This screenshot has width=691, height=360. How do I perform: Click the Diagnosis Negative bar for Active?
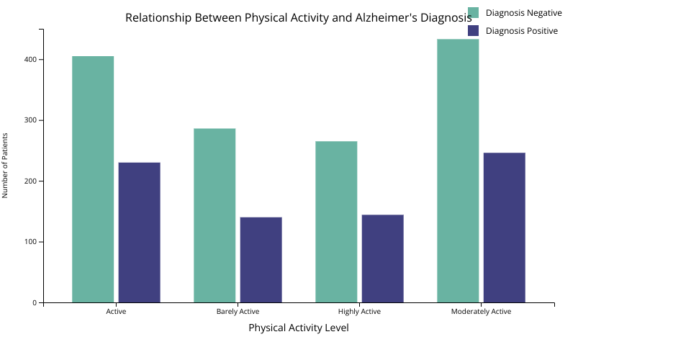[x=93, y=179]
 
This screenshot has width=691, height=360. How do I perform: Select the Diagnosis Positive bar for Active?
[x=139, y=233]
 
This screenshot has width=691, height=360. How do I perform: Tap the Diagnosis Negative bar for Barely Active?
[x=214, y=215]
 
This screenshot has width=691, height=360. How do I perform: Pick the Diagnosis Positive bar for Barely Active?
[x=261, y=260]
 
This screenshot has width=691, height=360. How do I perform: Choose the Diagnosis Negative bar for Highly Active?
[x=336, y=222]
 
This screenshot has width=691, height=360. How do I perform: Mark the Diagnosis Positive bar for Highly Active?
[x=382, y=258]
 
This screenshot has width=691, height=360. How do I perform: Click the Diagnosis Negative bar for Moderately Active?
[x=458, y=171]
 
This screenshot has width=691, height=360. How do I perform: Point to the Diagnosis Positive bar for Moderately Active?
[x=504, y=228]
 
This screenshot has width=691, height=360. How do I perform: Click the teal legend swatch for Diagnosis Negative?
[x=473, y=12]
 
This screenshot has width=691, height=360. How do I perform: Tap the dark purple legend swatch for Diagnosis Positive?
[x=473, y=31]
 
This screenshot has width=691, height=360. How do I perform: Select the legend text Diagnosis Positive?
[x=522, y=31]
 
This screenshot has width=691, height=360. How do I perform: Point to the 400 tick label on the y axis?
[x=31, y=60]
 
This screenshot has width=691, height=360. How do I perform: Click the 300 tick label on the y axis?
[x=31, y=120]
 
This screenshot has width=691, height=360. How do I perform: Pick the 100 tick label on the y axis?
[x=31, y=242]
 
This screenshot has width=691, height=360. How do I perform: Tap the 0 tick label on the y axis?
[x=34, y=303]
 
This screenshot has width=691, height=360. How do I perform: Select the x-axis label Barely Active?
[x=238, y=312]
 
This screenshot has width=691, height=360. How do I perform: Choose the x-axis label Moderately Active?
[x=481, y=312]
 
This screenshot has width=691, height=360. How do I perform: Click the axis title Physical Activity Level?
[x=299, y=328]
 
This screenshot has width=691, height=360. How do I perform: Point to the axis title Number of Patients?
[x=5, y=166]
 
